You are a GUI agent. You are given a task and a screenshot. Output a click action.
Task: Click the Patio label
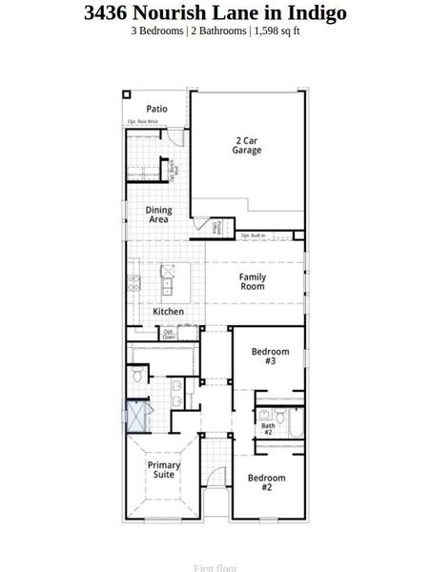156,109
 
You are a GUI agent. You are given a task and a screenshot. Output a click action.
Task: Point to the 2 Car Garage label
247,145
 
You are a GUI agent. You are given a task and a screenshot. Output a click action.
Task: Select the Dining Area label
158,214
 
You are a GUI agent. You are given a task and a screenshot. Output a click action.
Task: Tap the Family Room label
253,281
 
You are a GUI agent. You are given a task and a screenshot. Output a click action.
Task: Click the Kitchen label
168,312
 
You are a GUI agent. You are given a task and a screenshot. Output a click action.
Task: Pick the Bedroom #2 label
266,481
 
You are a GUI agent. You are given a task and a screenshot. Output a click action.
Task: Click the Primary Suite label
164,469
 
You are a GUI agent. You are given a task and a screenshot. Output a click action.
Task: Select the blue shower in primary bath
139,418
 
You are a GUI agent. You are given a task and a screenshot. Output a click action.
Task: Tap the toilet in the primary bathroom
139,376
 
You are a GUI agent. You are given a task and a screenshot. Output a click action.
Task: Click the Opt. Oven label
168,334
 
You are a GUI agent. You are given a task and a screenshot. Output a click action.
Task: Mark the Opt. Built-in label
253,235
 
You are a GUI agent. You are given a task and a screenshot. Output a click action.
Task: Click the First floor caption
215,568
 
